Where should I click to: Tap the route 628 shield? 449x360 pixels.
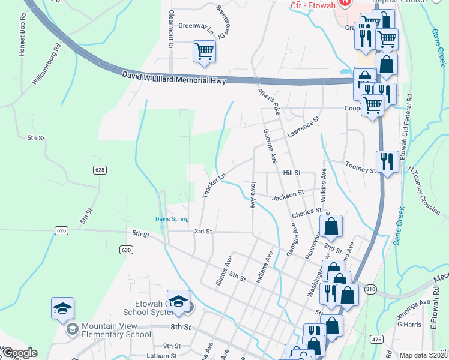click(100, 170)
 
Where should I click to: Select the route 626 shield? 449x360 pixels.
click(61, 230)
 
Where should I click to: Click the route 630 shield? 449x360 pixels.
click(125, 250)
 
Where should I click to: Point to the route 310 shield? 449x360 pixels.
click(370, 290)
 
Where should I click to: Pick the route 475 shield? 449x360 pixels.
click(376, 340)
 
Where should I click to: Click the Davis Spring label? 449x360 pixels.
click(172, 219)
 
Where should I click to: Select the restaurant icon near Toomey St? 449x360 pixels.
click(387, 161)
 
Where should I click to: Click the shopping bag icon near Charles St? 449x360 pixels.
click(331, 226)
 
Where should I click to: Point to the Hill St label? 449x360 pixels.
click(291, 172)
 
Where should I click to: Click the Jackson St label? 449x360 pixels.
click(288, 195)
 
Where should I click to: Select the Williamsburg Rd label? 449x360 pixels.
click(47, 63)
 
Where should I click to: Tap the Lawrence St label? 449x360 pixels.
click(304, 130)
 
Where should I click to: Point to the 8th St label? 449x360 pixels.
click(180, 327)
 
